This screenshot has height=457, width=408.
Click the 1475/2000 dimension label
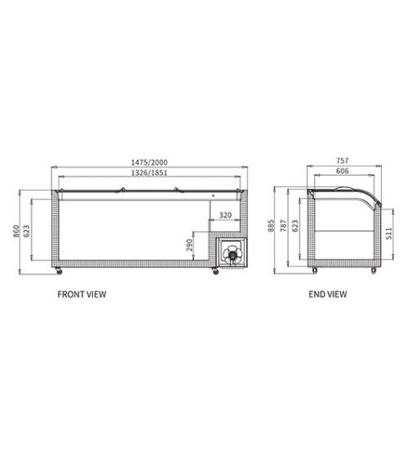149,162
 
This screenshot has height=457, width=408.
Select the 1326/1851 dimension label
149,172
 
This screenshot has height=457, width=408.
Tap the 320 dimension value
225,215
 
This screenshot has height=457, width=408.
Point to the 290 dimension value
189,245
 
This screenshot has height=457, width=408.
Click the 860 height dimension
16,231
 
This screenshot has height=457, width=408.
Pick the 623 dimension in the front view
26,231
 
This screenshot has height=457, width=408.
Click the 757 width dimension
342,160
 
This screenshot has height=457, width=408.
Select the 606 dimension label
342,171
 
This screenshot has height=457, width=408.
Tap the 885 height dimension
271,226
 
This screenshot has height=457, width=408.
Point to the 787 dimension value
283,226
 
